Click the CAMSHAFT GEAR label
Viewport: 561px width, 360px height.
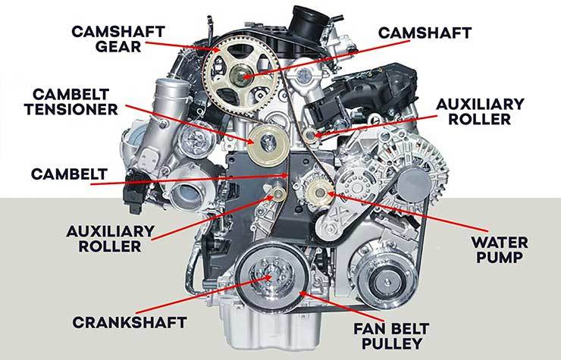(118, 39)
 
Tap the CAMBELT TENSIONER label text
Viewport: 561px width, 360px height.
(71, 102)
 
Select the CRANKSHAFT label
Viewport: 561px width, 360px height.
(130, 322)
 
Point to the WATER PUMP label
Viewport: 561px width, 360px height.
(500, 249)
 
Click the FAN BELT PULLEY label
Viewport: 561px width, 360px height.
(391, 336)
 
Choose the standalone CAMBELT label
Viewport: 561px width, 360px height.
(69, 174)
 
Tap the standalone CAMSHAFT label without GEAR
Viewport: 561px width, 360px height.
(425, 33)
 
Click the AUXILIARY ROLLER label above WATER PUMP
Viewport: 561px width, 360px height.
(480, 111)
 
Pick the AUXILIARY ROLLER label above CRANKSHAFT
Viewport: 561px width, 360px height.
(110, 239)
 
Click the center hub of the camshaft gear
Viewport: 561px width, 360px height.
(238, 75)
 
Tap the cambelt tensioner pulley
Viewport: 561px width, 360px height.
(268, 144)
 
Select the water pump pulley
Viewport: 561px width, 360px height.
(319, 193)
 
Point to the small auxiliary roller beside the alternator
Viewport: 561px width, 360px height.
(310, 136)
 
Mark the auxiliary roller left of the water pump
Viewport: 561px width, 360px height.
(278, 194)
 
